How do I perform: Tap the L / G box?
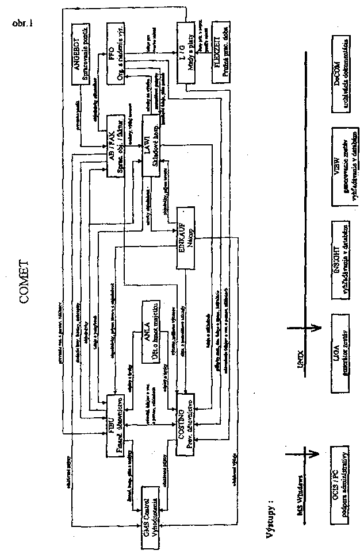tap(184, 55)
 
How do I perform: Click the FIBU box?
tap(117, 425)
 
